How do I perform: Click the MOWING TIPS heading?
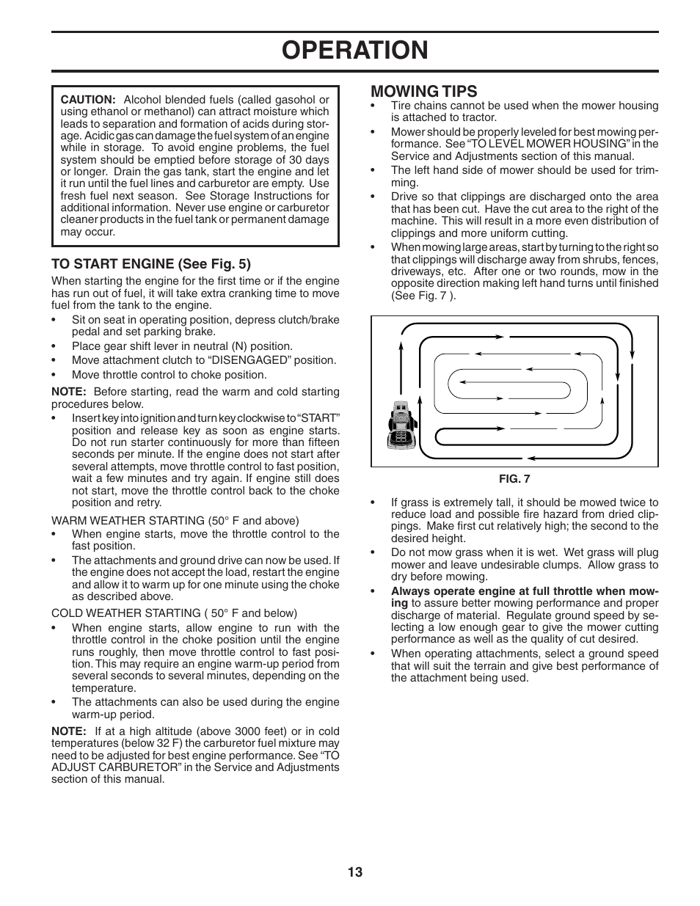pyautogui.click(x=423, y=91)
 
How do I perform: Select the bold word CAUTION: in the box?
pyautogui.click(x=88, y=100)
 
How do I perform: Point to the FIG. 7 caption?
pyautogui.click(x=514, y=479)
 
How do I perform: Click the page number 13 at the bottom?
pyautogui.click(x=355, y=872)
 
